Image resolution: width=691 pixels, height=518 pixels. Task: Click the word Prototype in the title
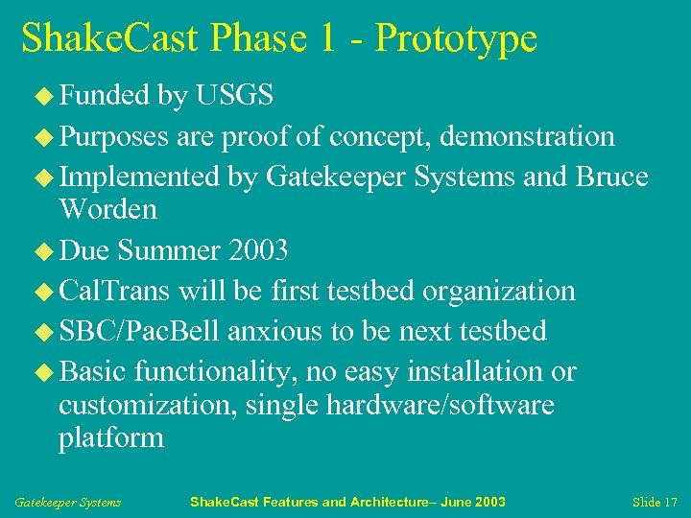point(456,39)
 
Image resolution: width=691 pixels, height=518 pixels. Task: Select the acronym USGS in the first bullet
point(234,95)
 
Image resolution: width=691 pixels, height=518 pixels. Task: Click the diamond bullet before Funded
point(46,96)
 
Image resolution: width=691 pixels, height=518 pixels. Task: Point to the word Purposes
point(114,137)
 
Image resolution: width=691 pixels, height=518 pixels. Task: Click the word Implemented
point(140,177)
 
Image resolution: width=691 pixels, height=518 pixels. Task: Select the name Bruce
point(611,177)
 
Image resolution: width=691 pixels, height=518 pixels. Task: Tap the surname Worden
point(107,208)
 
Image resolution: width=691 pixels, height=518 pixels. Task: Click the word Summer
point(170,250)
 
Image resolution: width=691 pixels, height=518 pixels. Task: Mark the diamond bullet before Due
point(46,251)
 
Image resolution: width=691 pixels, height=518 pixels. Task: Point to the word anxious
point(276,331)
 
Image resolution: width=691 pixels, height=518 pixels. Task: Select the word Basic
point(93,371)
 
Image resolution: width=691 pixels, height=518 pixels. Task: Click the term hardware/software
point(440,405)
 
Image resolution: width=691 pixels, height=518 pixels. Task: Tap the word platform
point(111,438)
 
